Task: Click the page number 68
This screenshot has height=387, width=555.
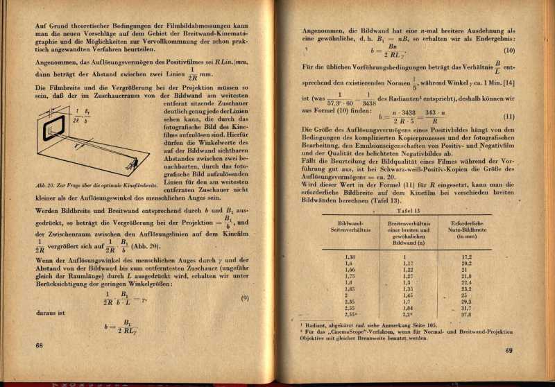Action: click(x=39, y=345)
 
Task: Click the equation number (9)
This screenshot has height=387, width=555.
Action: click(x=245, y=298)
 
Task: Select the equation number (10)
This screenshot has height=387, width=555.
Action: click(x=509, y=51)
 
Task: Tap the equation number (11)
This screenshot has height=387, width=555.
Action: click(x=509, y=116)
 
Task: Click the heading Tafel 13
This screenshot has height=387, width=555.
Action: click(x=407, y=211)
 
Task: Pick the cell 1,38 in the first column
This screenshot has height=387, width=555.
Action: click(x=350, y=257)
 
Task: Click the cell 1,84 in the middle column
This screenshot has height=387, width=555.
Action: click(x=407, y=307)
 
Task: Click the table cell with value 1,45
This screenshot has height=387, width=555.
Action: click(x=407, y=294)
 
